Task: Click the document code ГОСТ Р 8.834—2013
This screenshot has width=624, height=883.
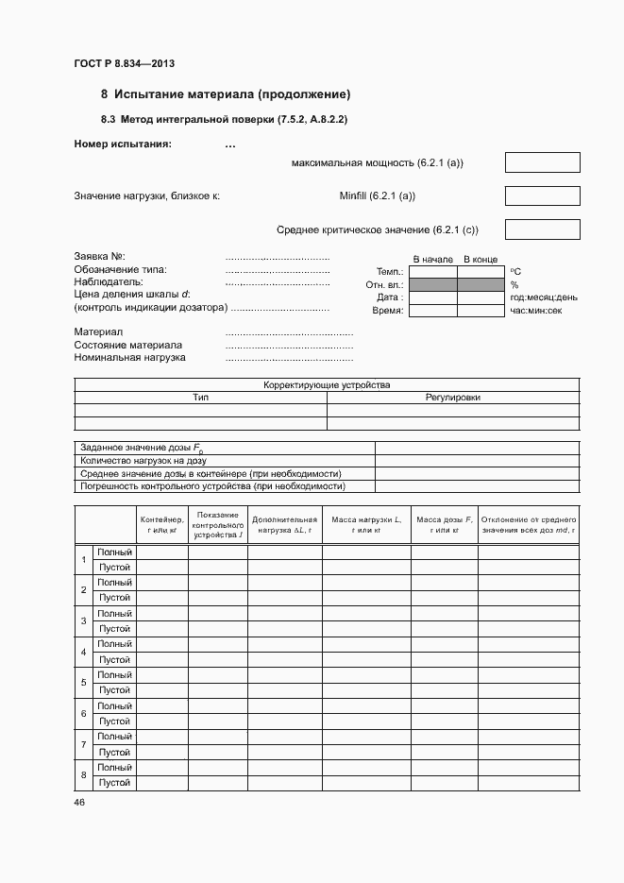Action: pos(124,64)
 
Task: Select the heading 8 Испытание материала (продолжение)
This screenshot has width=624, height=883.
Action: pos(226,94)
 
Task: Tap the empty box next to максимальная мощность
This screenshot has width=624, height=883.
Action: pos(542,162)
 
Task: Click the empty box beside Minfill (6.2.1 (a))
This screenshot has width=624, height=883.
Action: pos(542,195)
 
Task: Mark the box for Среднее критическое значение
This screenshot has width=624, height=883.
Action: pos(542,229)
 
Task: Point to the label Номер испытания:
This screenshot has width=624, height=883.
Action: pos(123,144)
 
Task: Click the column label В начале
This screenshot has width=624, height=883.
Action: pos(433,259)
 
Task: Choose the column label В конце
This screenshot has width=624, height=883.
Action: pos(481,259)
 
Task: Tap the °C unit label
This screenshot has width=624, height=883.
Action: pos(515,272)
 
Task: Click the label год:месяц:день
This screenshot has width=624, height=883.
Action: pos(544,297)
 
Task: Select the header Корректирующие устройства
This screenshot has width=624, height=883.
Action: pos(327,385)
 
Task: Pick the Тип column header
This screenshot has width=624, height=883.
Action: pos(200,398)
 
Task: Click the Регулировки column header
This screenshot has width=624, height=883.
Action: pos(453,398)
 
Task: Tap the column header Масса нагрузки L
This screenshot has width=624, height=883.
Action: pos(366,525)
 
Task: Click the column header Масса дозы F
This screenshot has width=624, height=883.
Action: pos(445,525)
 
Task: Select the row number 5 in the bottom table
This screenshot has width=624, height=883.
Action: pos(84,682)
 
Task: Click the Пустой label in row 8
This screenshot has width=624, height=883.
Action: pos(114,783)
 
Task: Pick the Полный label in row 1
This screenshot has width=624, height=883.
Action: pos(114,552)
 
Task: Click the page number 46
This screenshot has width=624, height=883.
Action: pos(79,803)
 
